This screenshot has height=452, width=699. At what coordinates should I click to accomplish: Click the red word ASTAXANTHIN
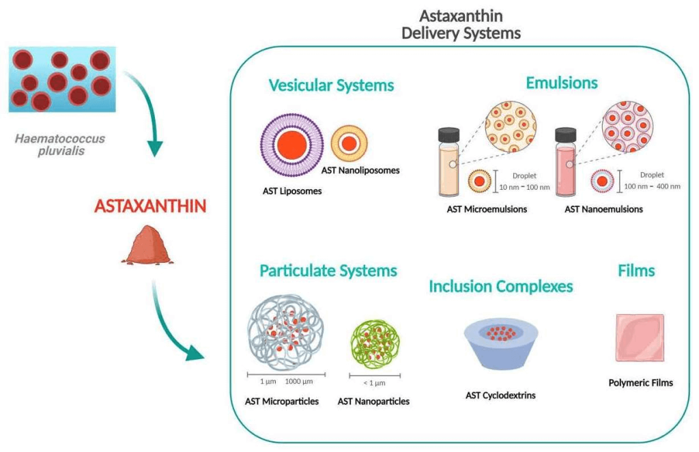click(150, 206)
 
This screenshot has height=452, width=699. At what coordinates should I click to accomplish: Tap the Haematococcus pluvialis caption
click(60, 145)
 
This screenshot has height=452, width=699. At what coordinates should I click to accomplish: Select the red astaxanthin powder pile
click(147, 244)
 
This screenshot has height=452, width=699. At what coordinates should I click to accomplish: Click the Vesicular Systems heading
click(331, 85)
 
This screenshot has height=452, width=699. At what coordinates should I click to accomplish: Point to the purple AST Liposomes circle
click(292, 145)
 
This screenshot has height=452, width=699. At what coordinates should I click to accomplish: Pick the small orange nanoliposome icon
click(349, 143)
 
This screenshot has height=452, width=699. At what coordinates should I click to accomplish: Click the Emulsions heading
click(562, 83)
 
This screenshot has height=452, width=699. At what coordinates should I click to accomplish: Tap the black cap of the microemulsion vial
click(449, 135)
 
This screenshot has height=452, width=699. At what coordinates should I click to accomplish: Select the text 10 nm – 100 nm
click(524, 187)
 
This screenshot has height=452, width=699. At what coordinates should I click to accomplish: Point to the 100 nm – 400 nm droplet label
click(652, 186)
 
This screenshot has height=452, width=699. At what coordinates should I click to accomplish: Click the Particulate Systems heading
click(328, 271)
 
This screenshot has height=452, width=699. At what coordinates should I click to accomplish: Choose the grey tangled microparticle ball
click(285, 333)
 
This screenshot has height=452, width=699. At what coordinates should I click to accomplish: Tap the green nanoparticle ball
click(375, 344)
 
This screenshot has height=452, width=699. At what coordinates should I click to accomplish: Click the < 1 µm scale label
click(375, 383)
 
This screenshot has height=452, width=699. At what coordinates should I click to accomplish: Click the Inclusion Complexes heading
click(500, 287)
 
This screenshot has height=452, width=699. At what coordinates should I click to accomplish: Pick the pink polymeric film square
click(640, 337)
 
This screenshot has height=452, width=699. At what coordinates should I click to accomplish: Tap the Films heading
click(636, 270)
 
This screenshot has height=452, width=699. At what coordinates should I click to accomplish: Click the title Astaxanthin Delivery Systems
click(461, 25)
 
